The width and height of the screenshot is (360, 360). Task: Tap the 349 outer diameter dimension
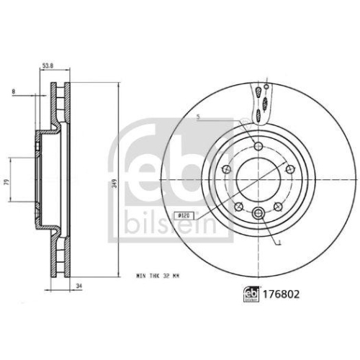point(113,184)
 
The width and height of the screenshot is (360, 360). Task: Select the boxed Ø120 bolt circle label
point(183,215)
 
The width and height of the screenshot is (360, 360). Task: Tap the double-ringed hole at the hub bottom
point(258,212)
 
